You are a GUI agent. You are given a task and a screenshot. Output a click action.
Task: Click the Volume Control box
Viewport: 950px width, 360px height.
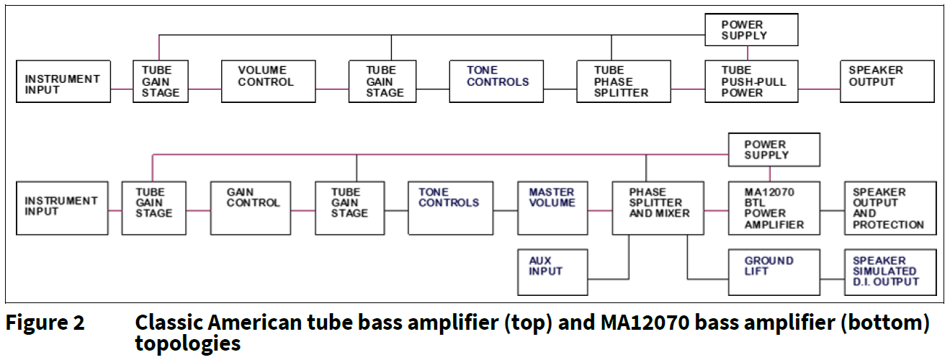click(267, 82)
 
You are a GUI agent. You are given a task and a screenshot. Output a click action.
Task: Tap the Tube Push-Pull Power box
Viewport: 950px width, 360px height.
click(752, 82)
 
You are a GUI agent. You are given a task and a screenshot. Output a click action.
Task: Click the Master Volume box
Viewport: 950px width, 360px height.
click(552, 207)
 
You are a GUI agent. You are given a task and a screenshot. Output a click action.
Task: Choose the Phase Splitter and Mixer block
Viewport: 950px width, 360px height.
click(658, 207)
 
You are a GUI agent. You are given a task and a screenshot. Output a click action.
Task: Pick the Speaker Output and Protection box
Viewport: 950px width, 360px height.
click(890, 207)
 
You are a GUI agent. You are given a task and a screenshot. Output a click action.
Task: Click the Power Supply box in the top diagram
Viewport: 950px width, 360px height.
click(752, 30)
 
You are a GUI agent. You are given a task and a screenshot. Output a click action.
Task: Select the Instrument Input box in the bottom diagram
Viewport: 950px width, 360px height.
click(62, 207)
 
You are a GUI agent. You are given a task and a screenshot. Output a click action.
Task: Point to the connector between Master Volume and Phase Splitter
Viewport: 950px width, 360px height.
click(599, 211)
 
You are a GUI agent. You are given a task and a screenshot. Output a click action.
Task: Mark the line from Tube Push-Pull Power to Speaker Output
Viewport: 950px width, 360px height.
click(819, 89)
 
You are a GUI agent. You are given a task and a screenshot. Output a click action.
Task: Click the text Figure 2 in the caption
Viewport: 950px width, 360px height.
click(45, 323)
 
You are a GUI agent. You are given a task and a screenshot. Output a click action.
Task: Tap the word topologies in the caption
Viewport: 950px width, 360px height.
click(187, 344)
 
